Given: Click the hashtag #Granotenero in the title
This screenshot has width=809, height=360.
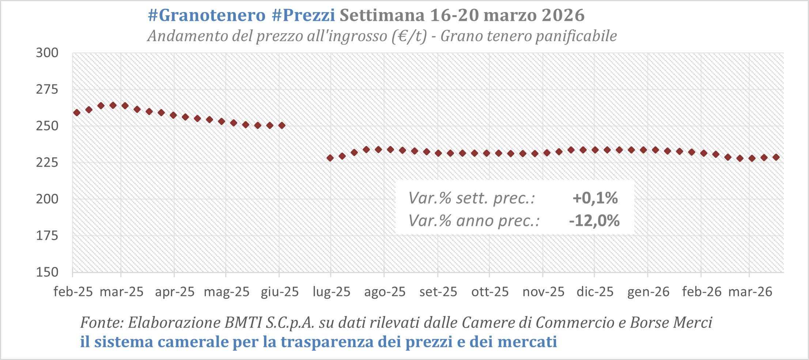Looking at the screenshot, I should [x=207, y=15].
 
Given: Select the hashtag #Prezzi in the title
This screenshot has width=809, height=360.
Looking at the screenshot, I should [x=303, y=15].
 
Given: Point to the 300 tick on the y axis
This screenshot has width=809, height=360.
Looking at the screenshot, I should [x=47, y=53].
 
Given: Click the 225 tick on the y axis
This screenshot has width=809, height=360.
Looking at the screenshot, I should [x=47, y=163].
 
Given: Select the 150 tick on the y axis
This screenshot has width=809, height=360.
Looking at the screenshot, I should [x=47, y=272].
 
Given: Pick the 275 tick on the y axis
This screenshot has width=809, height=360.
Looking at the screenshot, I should [x=47, y=90].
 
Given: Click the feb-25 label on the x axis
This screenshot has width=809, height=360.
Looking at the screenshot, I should [x=73, y=292].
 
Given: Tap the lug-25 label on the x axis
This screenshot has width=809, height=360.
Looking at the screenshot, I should [x=332, y=292].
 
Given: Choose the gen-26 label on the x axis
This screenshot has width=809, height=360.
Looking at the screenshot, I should [x=648, y=292].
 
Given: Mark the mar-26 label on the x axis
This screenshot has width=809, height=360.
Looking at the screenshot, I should [x=750, y=292].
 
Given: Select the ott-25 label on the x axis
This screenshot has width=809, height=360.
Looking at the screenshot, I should [x=490, y=292].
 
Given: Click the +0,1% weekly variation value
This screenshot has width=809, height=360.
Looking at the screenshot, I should [x=595, y=198].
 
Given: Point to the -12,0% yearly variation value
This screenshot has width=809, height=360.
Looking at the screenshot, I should [x=594, y=221].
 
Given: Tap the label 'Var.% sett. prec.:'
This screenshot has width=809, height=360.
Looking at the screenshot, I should [x=472, y=198].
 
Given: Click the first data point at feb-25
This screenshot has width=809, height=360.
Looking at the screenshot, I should [x=77, y=113].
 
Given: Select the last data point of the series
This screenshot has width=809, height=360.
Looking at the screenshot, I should [x=776, y=157].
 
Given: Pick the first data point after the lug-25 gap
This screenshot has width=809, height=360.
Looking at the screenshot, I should [x=330, y=158].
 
